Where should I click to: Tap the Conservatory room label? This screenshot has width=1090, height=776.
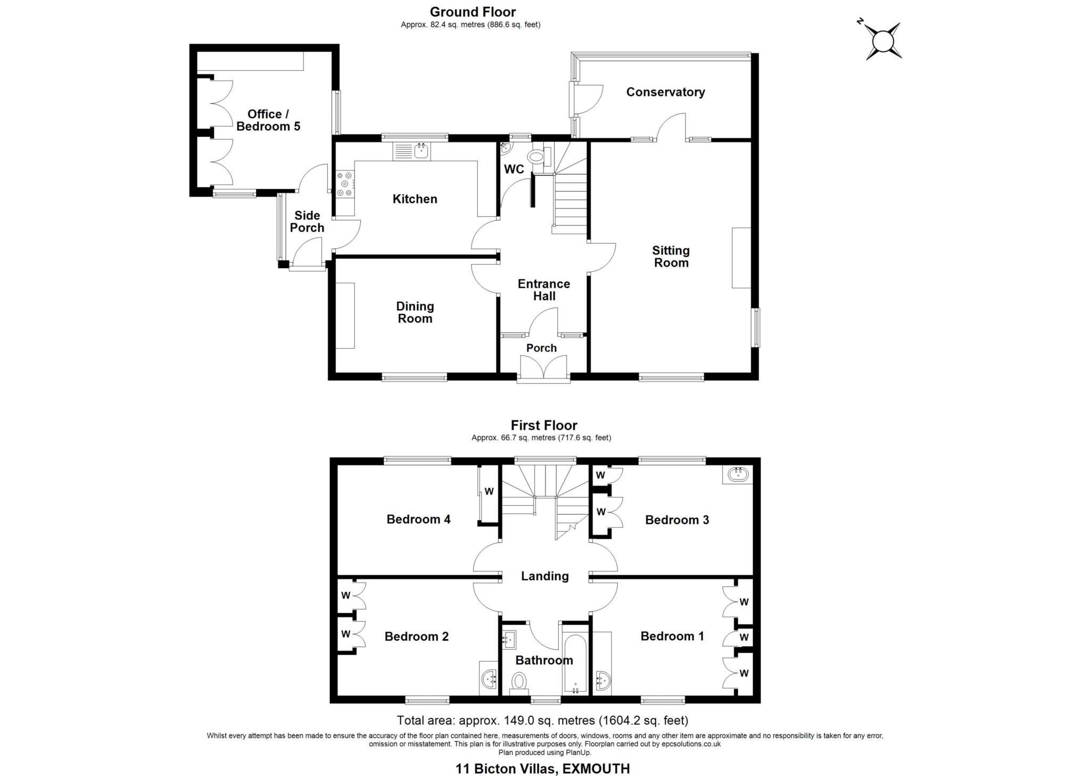coord(665,92)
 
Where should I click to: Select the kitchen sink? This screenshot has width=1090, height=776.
coord(421,151)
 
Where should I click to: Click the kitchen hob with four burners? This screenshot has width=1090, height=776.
coord(344,184)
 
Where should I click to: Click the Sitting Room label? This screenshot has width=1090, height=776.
coord(671,257)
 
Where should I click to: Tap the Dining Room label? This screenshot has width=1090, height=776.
coord(415,312)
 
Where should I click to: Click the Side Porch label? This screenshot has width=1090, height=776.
coord(307,221)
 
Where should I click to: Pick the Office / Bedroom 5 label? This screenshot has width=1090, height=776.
coord(268,120)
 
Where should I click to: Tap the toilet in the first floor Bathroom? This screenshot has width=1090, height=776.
coord(518,681)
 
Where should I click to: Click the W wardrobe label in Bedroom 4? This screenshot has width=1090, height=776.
coord(489,492)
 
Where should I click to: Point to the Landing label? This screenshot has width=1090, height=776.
coord(544,576)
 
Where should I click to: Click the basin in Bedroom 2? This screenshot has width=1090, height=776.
coord(489,679)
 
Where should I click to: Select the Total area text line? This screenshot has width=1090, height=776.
coord(542,721)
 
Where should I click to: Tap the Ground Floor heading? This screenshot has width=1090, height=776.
coord(473,12)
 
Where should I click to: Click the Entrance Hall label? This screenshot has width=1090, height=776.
coord(543,290)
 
